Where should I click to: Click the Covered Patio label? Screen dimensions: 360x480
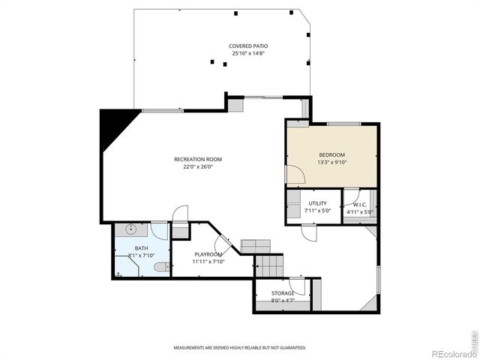[248, 46]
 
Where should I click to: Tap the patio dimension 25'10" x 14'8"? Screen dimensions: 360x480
[248, 53]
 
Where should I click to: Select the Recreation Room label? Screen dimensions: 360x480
[198, 159]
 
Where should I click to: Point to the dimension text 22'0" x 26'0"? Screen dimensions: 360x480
[198, 167]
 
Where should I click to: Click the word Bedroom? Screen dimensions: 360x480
[331, 154]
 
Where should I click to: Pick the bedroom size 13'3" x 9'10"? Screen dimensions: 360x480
[331, 162]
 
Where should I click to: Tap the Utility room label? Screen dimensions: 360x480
[317, 204]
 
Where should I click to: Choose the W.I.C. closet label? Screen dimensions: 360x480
[359, 204]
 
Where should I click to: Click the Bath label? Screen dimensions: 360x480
[141, 248]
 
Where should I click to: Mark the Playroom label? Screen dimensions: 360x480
[208, 254]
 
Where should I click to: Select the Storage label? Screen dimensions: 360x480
[283, 293]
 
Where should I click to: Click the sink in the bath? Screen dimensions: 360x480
[129, 229]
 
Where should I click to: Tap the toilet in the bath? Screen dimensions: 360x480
[160, 267]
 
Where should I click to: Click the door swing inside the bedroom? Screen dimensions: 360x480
[295, 175]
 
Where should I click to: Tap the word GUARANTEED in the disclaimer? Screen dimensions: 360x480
[291, 348]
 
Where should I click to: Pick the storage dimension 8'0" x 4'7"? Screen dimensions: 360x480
[283, 301]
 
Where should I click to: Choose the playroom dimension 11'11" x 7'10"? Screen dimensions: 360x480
[208, 262]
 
